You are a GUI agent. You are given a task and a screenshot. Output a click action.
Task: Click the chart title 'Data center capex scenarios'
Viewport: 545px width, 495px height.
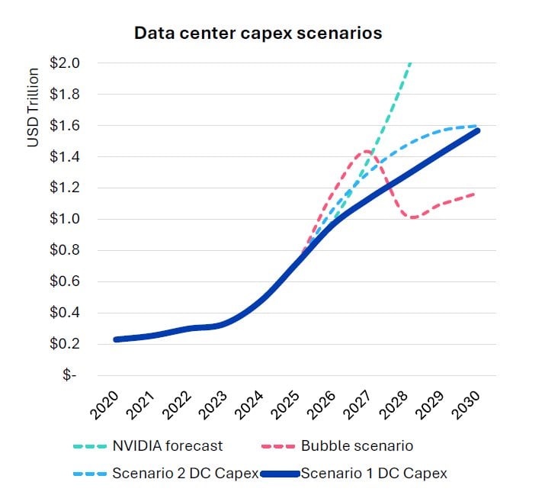coord(258,34)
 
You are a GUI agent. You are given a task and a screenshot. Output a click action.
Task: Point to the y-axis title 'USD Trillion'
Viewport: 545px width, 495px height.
coord(34,108)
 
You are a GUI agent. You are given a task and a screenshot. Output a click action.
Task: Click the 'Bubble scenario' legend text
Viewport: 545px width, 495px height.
coord(357,445)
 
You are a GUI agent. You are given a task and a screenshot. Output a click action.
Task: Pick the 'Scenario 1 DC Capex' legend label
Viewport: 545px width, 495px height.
coord(373,474)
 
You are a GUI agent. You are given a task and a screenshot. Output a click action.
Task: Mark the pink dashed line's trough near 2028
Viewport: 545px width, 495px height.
coord(412,217)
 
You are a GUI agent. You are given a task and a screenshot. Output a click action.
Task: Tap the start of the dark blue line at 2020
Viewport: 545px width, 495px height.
coord(116,339)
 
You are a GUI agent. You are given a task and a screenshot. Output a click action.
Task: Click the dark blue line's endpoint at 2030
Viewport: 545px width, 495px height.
coord(478,130)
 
